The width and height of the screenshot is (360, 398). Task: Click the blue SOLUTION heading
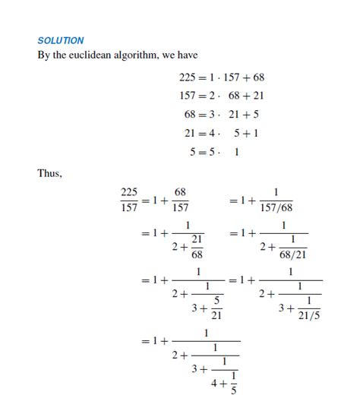coord(61,40)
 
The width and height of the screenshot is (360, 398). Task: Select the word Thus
coord(49,173)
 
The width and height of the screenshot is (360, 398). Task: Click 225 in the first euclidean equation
coord(187,77)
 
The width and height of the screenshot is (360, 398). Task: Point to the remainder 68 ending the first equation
coord(257,77)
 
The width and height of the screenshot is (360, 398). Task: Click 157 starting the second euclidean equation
coord(187,96)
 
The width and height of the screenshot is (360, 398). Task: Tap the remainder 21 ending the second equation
coord(257,96)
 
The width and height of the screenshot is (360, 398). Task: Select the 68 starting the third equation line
coord(190,115)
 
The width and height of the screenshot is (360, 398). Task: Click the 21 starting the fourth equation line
coord(190,133)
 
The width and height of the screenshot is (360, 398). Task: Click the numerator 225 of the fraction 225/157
coord(128,192)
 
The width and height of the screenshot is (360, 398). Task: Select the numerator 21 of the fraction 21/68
coord(197,239)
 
